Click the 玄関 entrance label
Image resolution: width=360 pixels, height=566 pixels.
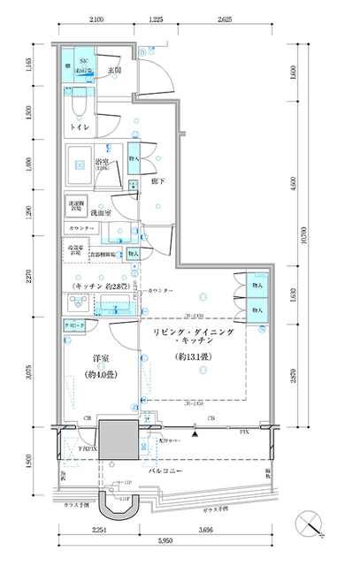[x=114, y=69]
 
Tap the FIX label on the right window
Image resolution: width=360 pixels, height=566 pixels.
[x=245, y=431]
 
